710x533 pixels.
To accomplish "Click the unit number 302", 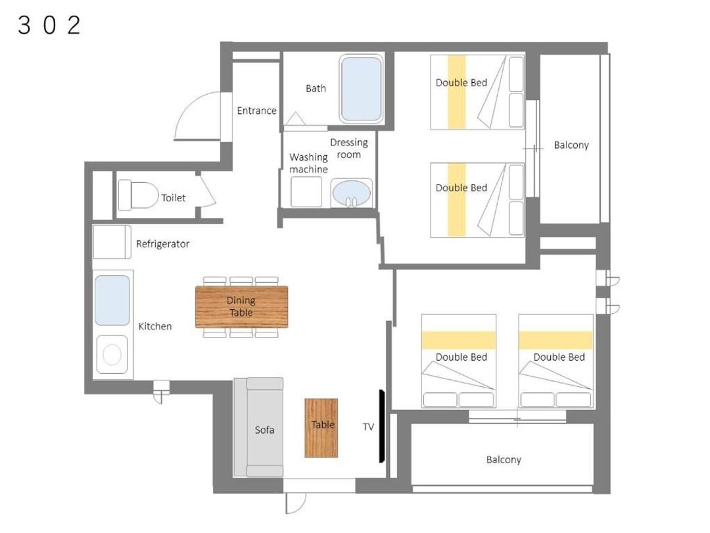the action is [49, 25].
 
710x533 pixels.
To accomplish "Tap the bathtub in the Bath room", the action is [361, 89].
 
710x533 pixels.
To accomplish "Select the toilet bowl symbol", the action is [138, 195].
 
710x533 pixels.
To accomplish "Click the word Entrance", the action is [256, 111].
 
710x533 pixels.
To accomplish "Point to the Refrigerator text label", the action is [162, 244].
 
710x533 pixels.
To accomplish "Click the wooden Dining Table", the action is [241, 307].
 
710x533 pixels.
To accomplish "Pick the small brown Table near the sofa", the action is [321, 428].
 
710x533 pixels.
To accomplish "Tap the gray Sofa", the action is [258, 427].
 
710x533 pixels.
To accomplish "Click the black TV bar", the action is [382, 426].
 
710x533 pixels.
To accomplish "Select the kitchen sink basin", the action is [112, 300].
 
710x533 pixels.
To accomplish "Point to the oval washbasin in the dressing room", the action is [351, 193].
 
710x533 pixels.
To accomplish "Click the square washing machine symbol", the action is [306, 191].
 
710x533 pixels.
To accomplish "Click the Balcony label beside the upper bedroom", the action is [571, 145].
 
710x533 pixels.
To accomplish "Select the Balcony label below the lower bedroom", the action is [504, 459].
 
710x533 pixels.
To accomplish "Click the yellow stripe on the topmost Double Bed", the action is [457, 92].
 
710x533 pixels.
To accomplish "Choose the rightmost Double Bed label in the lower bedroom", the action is [559, 357].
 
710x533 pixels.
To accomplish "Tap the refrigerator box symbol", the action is [112, 242].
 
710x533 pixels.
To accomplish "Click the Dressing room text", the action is [348, 148].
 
